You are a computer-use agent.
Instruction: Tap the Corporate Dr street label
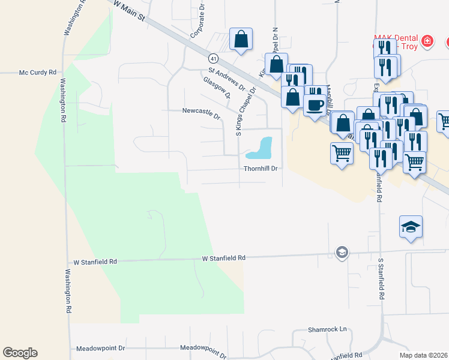pos(199,24)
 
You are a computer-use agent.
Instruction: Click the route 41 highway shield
pos(213,58)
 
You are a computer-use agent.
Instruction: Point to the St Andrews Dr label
pos(224,79)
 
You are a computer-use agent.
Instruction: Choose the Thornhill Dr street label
pos(261,169)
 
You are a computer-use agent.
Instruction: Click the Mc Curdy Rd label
pos(37,73)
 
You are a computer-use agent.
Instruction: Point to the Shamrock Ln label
pos(327,329)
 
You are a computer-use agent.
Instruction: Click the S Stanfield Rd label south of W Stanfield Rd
pos(381,279)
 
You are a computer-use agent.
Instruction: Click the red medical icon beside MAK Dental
pos(427,41)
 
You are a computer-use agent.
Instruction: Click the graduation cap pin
pos(411,227)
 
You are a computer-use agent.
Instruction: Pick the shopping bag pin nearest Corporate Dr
pos(241,40)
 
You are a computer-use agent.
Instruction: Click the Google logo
pos(20,353)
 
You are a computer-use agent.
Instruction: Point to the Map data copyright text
pos(424,355)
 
